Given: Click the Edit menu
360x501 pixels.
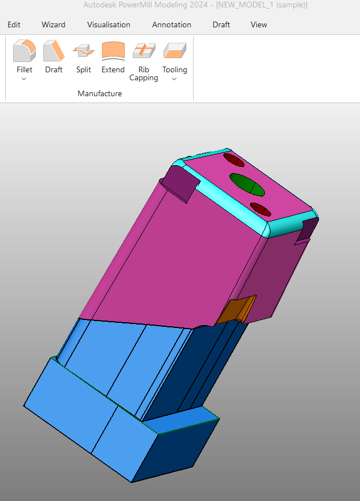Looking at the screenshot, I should tap(14, 24).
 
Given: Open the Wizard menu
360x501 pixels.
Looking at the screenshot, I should tap(54, 24).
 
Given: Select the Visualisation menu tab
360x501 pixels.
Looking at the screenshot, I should tap(108, 24).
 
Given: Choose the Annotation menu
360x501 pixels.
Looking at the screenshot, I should tap(171, 24).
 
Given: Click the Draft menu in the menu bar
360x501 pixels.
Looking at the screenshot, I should tap(221, 24).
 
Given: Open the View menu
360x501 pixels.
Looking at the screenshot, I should tap(259, 24).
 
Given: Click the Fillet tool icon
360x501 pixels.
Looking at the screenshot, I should tap(24, 51).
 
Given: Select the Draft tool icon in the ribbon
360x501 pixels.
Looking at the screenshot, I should tap(54, 51).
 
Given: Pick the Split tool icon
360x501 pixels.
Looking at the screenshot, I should tap(84, 51).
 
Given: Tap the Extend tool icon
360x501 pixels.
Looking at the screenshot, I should tap(113, 51).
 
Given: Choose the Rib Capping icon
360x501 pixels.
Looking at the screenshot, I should tap(144, 51).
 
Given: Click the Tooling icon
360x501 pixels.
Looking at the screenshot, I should tap(174, 51).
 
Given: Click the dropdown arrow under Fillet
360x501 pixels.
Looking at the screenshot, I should tap(24, 79).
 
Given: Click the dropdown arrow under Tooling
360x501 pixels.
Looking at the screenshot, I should tap(174, 79).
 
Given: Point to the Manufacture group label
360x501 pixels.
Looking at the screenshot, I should tap(100, 93).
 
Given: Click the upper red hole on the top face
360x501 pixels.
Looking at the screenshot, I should tap(233, 159).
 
